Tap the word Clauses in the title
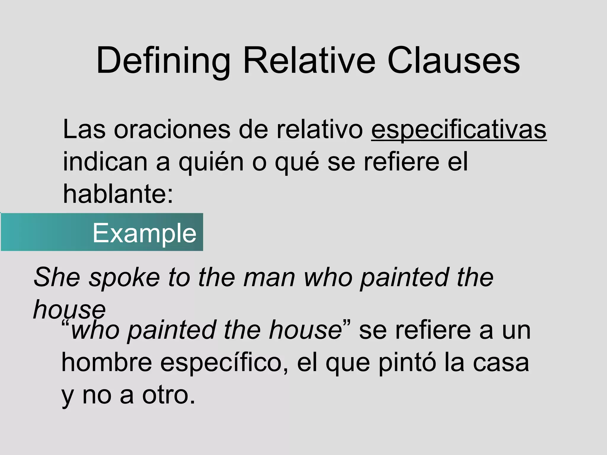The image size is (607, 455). click(x=453, y=61)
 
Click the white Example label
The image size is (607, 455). click(x=144, y=233)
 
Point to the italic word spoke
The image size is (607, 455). click(x=124, y=277)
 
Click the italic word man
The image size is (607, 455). click(x=269, y=277)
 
